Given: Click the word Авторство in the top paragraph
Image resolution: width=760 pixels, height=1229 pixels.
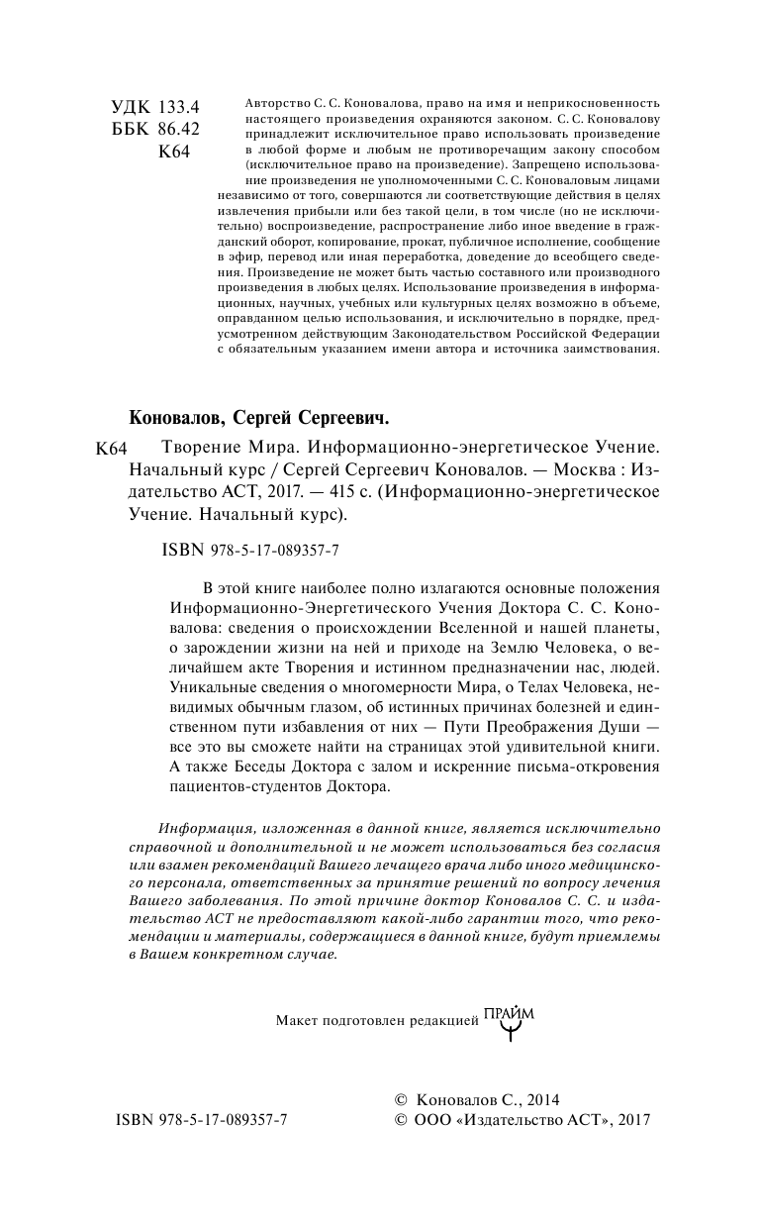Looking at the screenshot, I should tap(272, 102).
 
